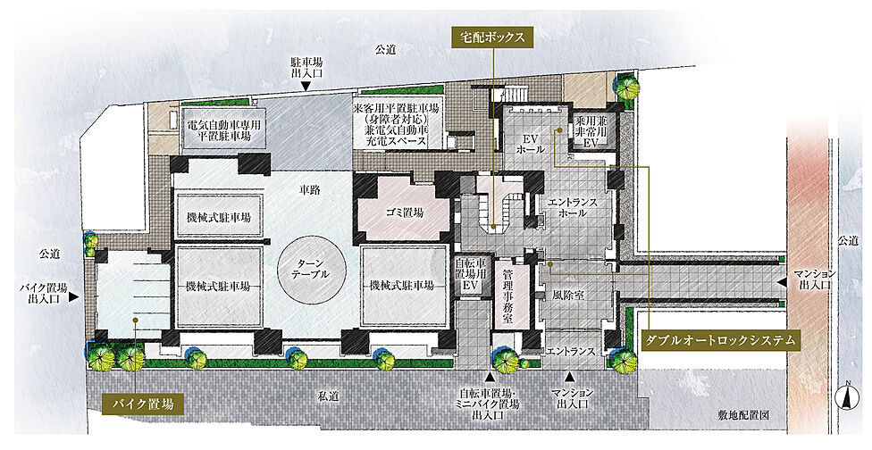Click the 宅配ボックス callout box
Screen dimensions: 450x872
[492, 37]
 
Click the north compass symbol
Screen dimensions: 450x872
[844, 397]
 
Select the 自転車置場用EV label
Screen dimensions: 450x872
[470, 277]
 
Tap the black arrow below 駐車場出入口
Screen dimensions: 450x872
[306, 87]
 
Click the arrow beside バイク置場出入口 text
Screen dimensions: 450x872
[75, 295]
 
